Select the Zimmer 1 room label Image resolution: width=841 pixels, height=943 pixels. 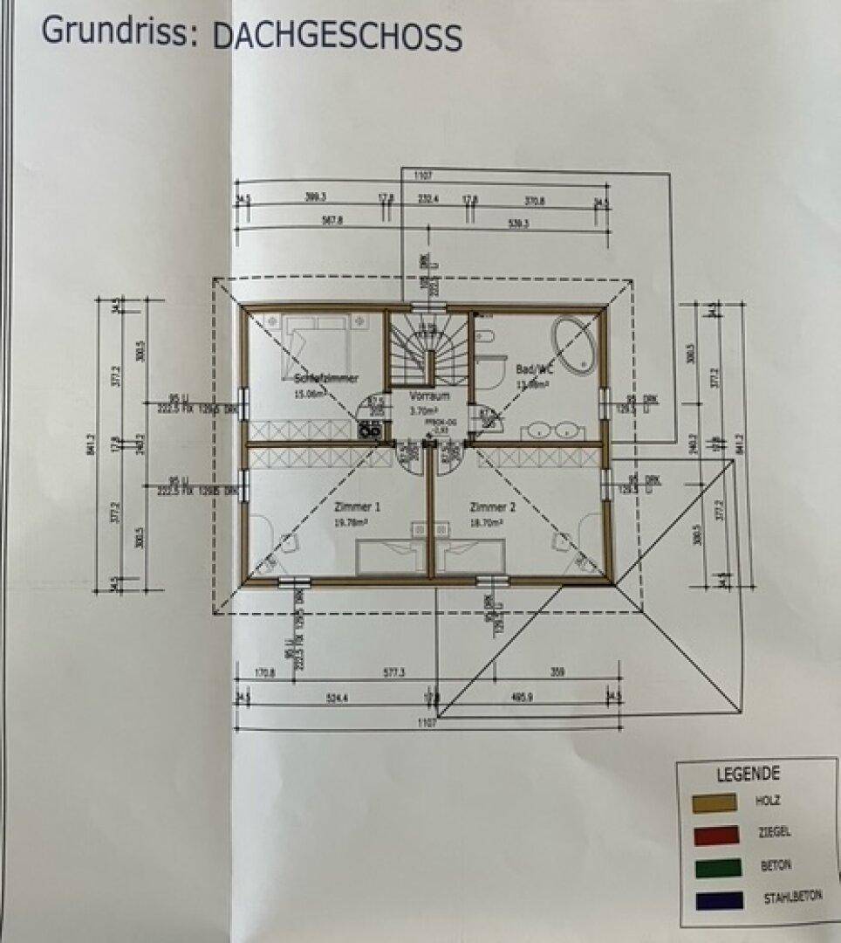pyautogui.click(x=357, y=506)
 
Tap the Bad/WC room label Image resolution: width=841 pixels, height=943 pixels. pyautogui.click(x=531, y=369)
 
